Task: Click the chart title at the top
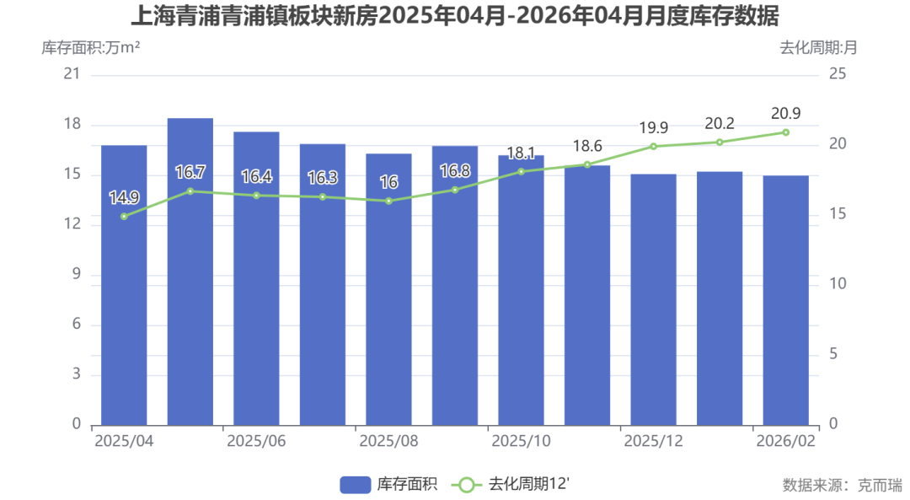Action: [455, 16]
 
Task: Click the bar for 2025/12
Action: [653, 299]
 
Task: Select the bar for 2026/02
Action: [785, 300]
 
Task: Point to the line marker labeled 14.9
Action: [124, 217]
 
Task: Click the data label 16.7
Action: [190, 173]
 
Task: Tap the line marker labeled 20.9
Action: [785, 132]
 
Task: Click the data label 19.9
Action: [653, 128]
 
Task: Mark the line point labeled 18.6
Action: [587, 164]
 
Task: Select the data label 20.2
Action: [720, 124]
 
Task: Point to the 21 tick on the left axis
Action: [72, 74]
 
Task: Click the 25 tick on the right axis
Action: [838, 74]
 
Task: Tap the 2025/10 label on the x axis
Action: [521, 442]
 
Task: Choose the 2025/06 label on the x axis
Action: [256, 442]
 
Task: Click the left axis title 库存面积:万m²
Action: [91, 47]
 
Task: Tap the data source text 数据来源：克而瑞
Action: [842, 485]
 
